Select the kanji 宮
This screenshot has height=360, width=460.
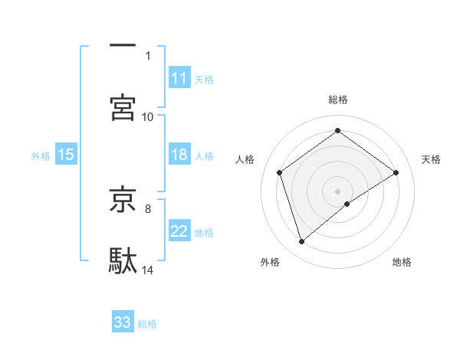click(123, 107)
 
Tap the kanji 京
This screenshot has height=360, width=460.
click(123, 198)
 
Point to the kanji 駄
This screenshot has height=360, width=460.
click(123, 260)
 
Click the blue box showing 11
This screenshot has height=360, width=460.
click(179, 78)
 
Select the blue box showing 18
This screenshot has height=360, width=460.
click(179, 155)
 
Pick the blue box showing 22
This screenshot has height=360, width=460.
click(179, 231)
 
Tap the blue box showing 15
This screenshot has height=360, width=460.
click(66, 155)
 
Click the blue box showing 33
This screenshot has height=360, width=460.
click(123, 322)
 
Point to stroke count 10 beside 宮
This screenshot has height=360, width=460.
click(148, 116)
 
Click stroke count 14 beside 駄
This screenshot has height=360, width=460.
click(148, 270)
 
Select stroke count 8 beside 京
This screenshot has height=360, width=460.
click(148, 208)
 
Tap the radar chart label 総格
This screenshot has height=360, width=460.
click(338, 100)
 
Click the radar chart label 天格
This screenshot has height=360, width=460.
click(431, 159)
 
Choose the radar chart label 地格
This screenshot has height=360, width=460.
click(402, 262)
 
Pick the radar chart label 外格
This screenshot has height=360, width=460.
click(270, 262)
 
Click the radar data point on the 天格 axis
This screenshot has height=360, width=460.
click(396, 172)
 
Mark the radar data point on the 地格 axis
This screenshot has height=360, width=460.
click(347, 203)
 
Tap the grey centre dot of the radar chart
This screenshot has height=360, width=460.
click(338, 190)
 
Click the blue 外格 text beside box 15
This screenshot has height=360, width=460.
click(41, 156)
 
